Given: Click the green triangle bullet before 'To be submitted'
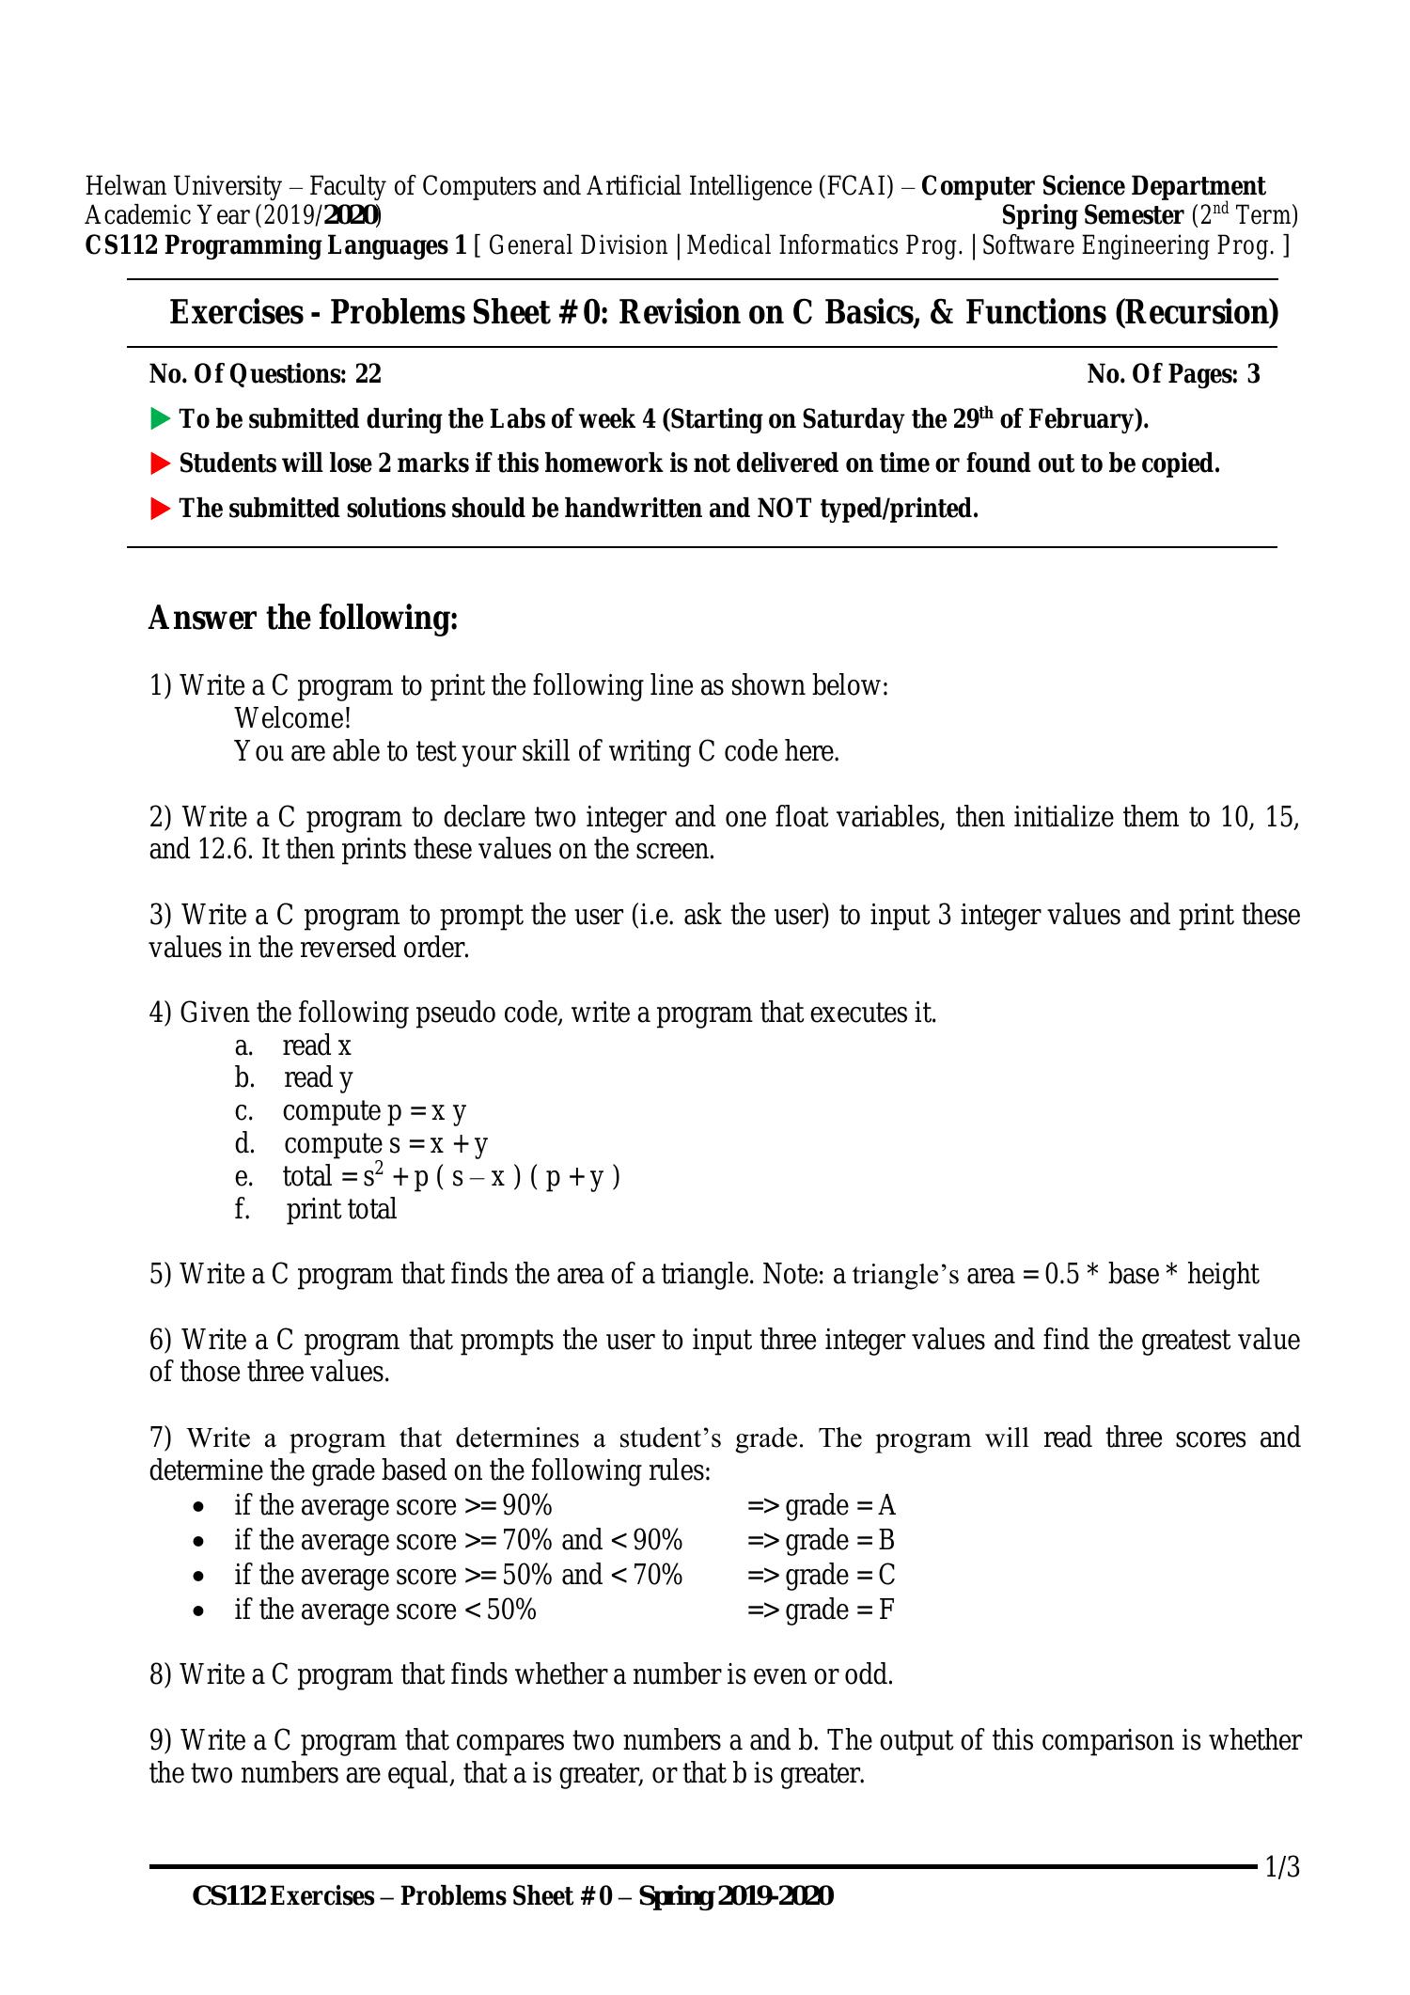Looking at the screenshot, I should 161,418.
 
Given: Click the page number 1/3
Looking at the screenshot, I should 1281,1866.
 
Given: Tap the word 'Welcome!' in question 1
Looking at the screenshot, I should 292,718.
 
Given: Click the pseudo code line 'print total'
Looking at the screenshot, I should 341,1209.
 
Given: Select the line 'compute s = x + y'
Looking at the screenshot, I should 385,1144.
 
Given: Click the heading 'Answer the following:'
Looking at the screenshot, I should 303,619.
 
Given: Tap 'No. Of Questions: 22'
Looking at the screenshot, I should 265,374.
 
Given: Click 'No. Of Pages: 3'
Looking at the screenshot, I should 1173,374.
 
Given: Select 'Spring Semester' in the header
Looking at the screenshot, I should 1091,215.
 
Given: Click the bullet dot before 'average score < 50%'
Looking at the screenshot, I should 198,1610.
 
